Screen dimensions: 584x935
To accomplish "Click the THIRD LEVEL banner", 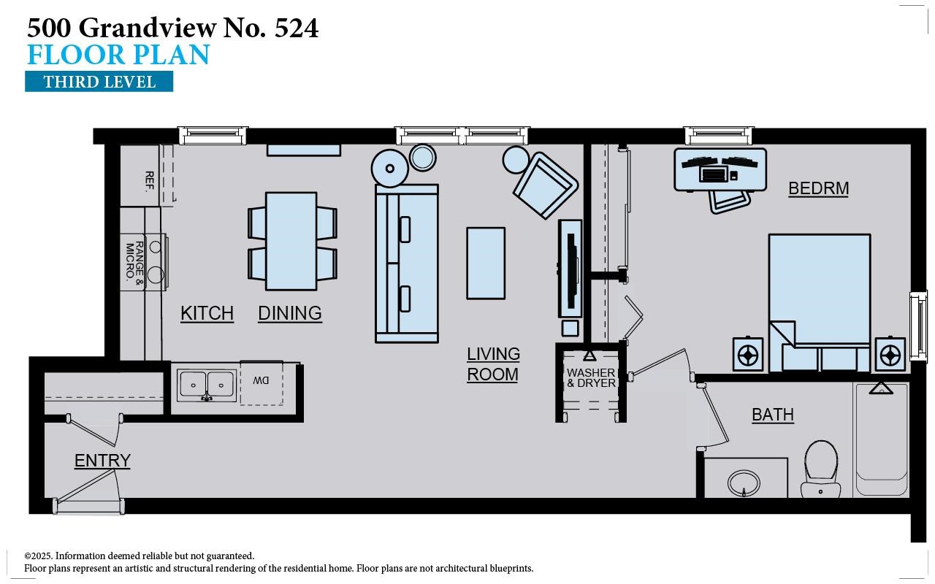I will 99,81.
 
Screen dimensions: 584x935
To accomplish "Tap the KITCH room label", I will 207,313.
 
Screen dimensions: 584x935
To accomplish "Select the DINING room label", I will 290,313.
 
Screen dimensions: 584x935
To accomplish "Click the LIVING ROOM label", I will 493,364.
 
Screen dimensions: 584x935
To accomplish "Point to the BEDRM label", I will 818,188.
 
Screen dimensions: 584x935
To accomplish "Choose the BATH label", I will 772,415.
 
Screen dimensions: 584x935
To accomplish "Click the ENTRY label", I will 102,461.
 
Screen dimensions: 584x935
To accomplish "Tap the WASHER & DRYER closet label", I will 591,378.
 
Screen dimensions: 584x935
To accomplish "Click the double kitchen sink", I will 207,384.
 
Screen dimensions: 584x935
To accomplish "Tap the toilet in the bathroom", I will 820,468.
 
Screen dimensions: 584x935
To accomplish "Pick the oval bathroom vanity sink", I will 744,482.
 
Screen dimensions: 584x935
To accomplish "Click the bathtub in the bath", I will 881,438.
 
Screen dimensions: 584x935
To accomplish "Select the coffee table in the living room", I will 486,263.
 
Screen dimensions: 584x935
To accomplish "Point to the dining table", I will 291,241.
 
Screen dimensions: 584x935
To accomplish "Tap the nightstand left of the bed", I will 748,355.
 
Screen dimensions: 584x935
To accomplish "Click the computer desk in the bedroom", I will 720,169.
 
